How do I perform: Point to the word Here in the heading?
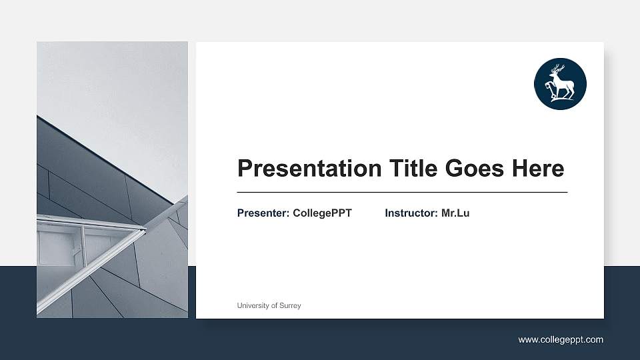pos(537,169)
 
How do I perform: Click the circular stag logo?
pos(560,84)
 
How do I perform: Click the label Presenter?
pos(263,213)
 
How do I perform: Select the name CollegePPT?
pos(322,213)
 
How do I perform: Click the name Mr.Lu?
pos(455,213)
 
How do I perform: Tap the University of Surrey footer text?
pos(269,305)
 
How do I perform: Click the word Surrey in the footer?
pos(290,305)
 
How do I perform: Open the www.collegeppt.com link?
pos(561,340)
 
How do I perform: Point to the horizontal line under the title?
pos(402,192)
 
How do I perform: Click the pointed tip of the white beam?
pos(144,231)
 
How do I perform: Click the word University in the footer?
pos(252,305)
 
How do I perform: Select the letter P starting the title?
pos(245,169)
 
